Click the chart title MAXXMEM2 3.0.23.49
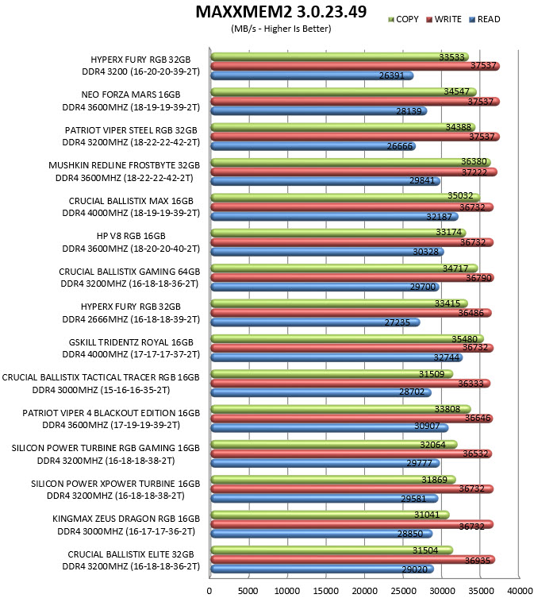[x=281, y=12]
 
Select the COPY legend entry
[x=403, y=19]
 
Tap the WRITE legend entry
[x=444, y=19]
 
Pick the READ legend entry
[x=485, y=19]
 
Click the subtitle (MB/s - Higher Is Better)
[x=281, y=29]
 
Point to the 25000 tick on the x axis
[x=403, y=591]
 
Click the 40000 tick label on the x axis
[x=520, y=591]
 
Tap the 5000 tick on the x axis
[x=248, y=591]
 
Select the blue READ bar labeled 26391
[x=313, y=75]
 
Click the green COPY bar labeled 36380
[x=351, y=162]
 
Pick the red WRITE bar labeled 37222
[x=354, y=172]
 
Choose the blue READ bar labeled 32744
[x=336, y=357]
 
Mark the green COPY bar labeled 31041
[x=330, y=515]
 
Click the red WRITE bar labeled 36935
[x=353, y=559]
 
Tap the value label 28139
[x=409, y=111]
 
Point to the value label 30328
[x=425, y=252]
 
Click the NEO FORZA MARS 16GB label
[x=131, y=95]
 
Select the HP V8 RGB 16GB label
[x=131, y=236]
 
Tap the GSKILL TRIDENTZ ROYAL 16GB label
[x=131, y=342]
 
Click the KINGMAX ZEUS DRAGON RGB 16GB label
[x=126, y=519]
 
